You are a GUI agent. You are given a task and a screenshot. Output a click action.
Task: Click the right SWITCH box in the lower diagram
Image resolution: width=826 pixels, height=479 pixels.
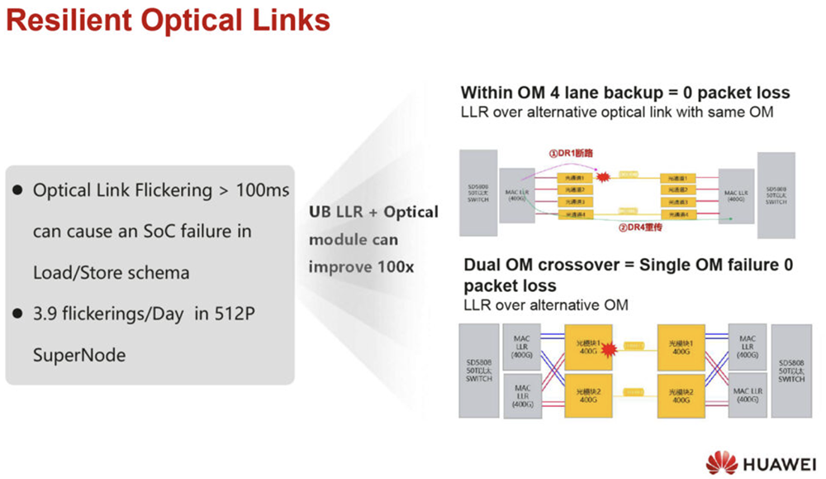click(791, 371)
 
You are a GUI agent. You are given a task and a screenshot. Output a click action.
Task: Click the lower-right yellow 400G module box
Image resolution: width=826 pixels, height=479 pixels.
click(681, 395)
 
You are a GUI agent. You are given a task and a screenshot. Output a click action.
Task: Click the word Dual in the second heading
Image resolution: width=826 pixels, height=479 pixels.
click(483, 266)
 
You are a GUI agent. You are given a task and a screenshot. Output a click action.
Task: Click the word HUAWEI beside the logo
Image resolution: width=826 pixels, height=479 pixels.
click(778, 462)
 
